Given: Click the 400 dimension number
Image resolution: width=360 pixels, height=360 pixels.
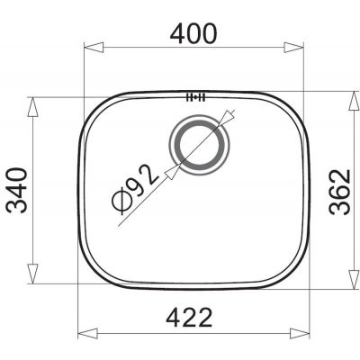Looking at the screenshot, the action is [x=193, y=33].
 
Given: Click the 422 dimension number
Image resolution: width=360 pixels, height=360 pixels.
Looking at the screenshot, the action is [x=189, y=317].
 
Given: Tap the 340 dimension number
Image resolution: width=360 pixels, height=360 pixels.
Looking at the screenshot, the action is [x=17, y=191].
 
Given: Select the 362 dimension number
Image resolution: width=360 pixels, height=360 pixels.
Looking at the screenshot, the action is [x=339, y=192].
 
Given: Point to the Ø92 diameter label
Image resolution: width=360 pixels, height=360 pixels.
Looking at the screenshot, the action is [x=134, y=190].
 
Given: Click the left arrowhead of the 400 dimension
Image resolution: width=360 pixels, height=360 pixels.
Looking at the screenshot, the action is [x=94, y=48].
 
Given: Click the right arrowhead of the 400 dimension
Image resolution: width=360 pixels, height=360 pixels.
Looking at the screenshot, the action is [x=294, y=48].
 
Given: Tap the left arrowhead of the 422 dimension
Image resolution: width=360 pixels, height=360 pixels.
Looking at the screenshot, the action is [x=87, y=334].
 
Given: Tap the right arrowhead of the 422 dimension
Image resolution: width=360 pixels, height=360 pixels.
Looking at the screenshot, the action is [x=300, y=334].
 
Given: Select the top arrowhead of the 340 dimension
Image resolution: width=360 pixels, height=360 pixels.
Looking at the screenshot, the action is [x=32, y=107].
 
